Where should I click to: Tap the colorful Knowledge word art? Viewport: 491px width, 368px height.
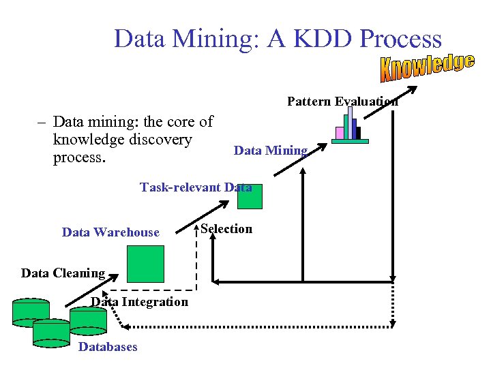428,66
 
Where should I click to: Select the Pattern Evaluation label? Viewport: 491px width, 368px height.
342,102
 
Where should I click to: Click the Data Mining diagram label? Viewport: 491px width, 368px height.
271,151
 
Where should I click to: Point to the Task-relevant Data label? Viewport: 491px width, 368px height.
196,187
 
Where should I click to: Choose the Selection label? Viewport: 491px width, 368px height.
226,229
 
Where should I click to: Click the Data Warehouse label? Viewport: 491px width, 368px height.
110,232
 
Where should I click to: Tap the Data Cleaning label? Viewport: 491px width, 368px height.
63,273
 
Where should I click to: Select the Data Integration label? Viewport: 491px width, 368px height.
140,302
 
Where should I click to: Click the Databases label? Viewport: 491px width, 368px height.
108,347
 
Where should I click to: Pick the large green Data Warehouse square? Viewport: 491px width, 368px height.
147,263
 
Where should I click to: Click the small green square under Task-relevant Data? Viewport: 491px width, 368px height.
249,197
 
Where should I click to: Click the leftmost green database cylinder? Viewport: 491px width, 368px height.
31,311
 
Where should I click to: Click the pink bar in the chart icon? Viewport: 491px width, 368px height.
340,133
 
